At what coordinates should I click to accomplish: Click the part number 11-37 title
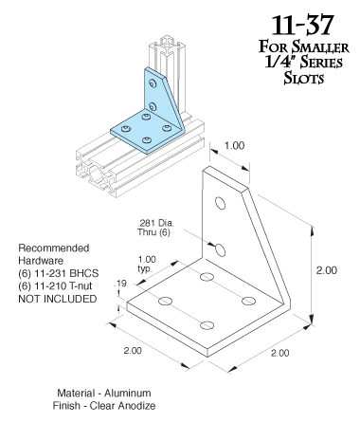[302, 25]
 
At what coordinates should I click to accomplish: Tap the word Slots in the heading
[303, 78]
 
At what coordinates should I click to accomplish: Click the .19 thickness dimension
[121, 284]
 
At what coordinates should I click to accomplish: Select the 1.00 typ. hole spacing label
[147, 264]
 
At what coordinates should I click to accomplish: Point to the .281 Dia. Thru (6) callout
[155, 228]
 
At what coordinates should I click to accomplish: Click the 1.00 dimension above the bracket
[234, 146]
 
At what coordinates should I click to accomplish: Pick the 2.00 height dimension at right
[327, 270]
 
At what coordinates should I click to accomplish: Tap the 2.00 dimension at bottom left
[133, 350]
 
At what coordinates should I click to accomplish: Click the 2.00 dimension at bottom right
[279, 353]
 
